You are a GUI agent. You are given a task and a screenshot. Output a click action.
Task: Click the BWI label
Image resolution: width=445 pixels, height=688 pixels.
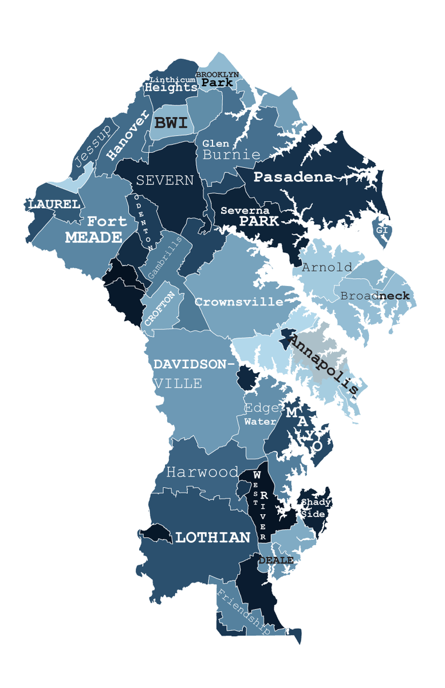click(x=171, y=123)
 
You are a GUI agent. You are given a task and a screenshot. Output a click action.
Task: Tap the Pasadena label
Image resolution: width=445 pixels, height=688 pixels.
click(x=293, y=177)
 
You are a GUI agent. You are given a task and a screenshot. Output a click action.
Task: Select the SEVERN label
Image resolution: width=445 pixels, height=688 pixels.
click(x=164, y=181)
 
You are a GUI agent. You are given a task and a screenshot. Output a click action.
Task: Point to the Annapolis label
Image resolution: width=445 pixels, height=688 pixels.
click(x=323, y=365)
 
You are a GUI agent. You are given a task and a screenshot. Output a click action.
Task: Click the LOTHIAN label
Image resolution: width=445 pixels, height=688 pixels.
click(x=212, y=537)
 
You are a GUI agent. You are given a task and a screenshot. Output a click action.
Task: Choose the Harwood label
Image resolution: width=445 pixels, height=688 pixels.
click(x=202, y=472)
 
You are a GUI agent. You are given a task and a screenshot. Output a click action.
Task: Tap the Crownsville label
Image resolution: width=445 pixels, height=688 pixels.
click(x=239, y=302)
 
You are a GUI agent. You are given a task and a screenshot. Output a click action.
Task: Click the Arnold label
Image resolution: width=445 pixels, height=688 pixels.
click(x=327, y=267)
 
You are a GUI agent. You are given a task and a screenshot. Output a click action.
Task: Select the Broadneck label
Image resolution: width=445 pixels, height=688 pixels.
click(x=375, y=296)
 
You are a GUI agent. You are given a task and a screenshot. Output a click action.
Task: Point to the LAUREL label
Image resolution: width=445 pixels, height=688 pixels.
click(x=54, y=204)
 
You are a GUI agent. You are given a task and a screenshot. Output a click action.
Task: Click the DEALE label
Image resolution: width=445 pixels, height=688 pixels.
click(x=276, y=560)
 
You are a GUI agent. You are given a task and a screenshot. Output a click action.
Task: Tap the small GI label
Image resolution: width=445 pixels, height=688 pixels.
click(x=382, y=230)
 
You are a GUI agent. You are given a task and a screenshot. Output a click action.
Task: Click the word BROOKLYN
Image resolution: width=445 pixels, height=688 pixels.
click(x=217, y=75)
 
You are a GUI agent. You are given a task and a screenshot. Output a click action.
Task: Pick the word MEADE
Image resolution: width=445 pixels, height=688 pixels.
click(x=93, y=237)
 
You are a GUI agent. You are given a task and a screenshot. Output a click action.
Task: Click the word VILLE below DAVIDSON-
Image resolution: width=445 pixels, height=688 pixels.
click(x=178, y=384)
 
